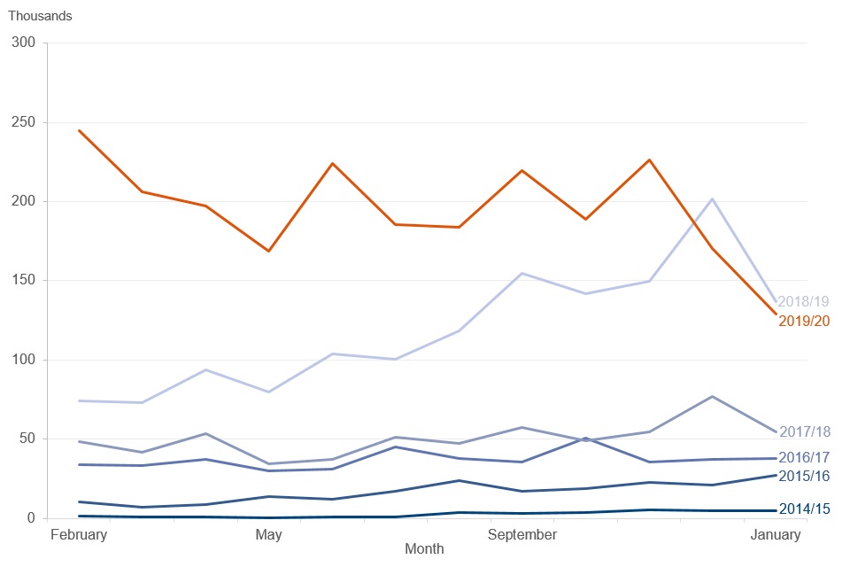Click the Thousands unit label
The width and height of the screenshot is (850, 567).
click(40, 16)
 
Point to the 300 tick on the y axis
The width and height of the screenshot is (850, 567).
click(23, 43)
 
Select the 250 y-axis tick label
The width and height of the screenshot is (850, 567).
click(23, 122)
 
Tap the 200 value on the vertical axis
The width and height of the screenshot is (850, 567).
click(23, 201)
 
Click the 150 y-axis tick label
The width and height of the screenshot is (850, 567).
click(23, 280)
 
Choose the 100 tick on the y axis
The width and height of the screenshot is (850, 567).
click(23, 359)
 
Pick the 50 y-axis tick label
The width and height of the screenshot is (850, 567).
click(27, 439)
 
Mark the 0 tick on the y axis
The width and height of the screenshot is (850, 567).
click(31, 517)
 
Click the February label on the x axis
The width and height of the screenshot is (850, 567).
click(79, 535)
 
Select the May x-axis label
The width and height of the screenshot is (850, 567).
click(269, 535)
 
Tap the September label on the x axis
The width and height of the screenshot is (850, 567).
click(522, 535)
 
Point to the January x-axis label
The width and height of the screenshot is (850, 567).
click(776, 535)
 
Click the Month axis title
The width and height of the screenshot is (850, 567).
click(424, 549)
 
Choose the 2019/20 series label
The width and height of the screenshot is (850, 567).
click(805, 322)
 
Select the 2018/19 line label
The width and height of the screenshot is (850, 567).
click(804, 302)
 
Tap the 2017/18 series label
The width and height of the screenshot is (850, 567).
click(805, 432)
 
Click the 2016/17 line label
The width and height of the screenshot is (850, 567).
click(805, 457)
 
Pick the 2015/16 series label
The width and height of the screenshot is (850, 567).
click(805, 477)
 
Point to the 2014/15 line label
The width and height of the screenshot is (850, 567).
click(805, 509)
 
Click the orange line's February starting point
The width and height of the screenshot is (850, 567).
click(79, 130)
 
